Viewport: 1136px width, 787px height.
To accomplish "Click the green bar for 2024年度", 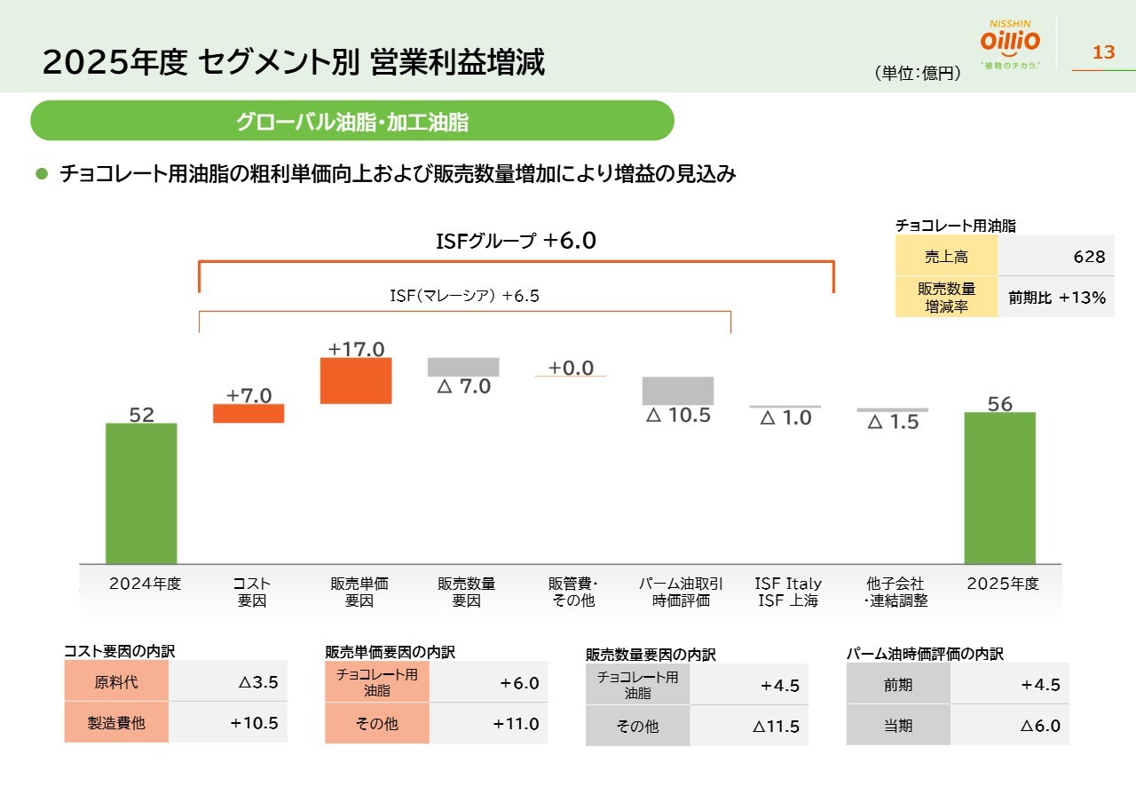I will [141, 493].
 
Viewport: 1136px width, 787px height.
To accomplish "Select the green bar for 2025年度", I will [999, 488].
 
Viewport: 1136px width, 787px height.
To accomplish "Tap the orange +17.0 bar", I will [356, 380].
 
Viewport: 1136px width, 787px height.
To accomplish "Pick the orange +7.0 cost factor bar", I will [248, 413].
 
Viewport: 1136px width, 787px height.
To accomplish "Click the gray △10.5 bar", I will [678, 391].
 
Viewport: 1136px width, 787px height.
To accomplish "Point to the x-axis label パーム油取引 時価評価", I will [681, 592].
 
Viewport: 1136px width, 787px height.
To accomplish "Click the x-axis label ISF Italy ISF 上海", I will [788, 592].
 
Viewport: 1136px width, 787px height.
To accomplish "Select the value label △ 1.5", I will [893, 423].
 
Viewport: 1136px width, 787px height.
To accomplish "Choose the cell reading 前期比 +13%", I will [1057, 298].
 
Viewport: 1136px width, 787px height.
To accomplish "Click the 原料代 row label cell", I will [116, 683].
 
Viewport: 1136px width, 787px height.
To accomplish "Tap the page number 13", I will [1103, 52].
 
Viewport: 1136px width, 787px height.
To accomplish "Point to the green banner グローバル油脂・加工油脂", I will [352, 122].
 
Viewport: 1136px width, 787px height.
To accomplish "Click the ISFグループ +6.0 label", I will [516, 241].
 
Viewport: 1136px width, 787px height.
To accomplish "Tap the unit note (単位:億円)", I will [918, 75].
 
